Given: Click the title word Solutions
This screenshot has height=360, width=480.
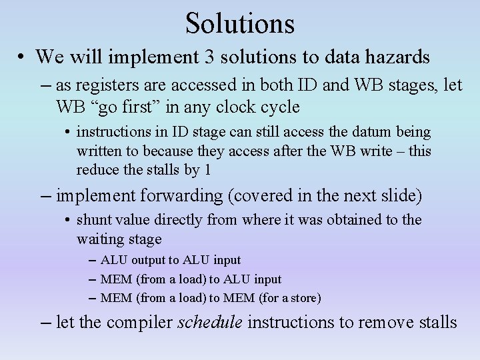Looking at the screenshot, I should click(240, 23).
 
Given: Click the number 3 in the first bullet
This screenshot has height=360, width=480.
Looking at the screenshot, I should click(210, 57).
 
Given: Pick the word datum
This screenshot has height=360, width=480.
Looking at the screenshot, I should click(337, 133).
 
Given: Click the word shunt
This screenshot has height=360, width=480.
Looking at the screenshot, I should click(93, 220).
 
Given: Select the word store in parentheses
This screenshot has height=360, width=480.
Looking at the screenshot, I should click(303, 297).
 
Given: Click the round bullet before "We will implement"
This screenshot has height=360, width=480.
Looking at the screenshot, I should click(21, 58).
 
